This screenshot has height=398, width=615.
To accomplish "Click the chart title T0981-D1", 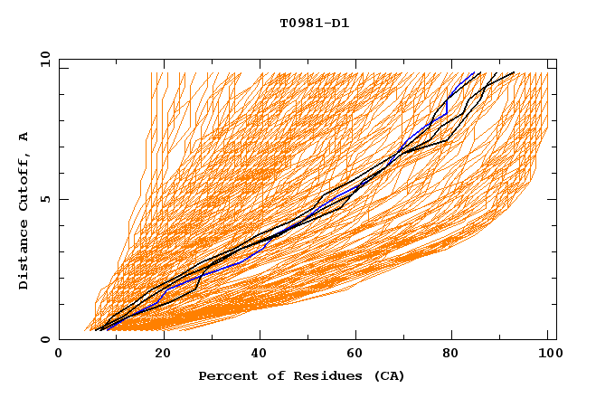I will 314,24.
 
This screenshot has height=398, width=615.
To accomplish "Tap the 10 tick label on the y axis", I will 43,59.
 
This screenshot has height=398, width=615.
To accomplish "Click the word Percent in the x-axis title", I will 226,375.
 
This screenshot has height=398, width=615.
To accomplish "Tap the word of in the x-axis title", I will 271,375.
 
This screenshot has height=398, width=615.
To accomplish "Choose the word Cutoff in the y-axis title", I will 24,182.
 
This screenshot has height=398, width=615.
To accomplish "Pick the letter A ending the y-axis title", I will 24,137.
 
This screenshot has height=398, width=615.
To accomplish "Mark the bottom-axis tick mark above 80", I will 449,336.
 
